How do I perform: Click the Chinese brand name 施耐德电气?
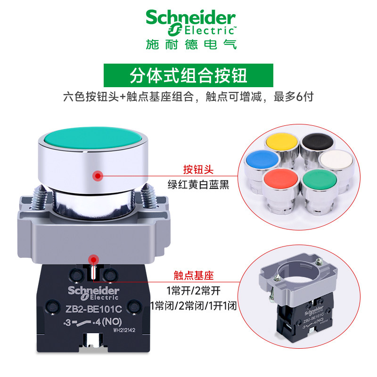(x=191, y=44)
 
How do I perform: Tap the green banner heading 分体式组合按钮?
(x=188, y=75)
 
